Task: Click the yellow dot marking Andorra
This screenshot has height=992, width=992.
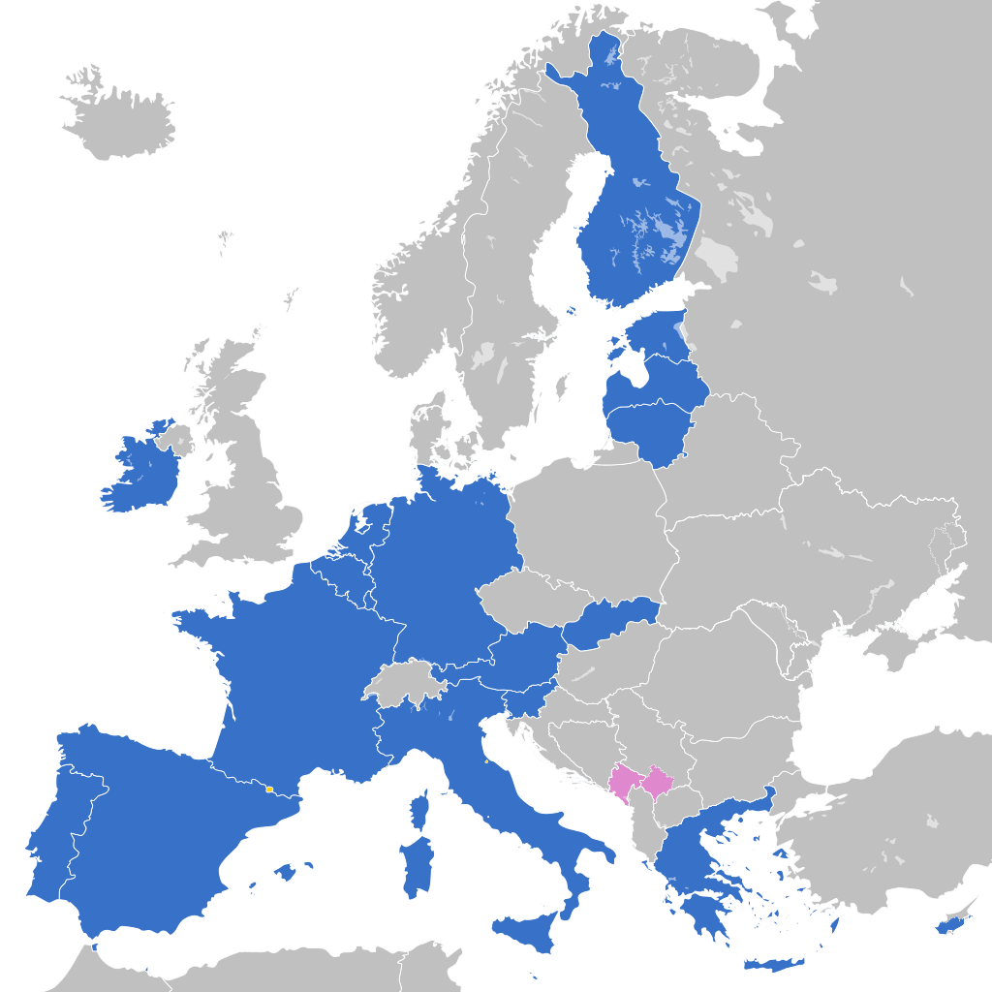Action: coord(268,790)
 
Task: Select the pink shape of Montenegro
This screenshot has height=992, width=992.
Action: coord(622,780)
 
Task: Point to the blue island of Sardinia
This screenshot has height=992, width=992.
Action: coord(417,867)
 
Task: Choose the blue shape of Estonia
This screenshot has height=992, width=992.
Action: coord(659,334)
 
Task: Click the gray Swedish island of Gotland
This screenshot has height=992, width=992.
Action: coord(562,386)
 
